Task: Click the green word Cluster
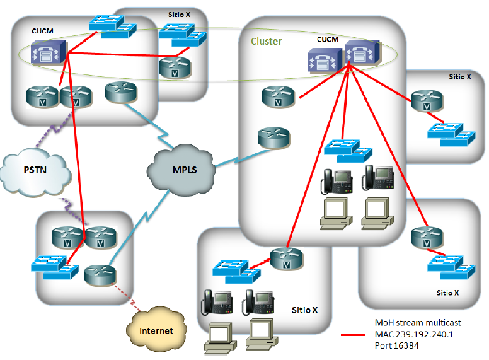pos(266,42)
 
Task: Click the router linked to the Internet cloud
pos(100,273)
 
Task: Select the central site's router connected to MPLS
pos(273,137)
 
